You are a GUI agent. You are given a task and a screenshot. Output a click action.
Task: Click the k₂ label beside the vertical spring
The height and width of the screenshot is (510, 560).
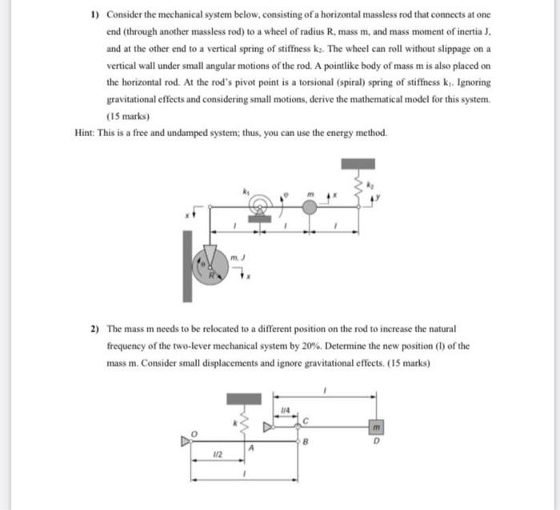click(370, 185)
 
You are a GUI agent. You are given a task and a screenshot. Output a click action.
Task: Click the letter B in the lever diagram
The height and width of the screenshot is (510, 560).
click(305, 441)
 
